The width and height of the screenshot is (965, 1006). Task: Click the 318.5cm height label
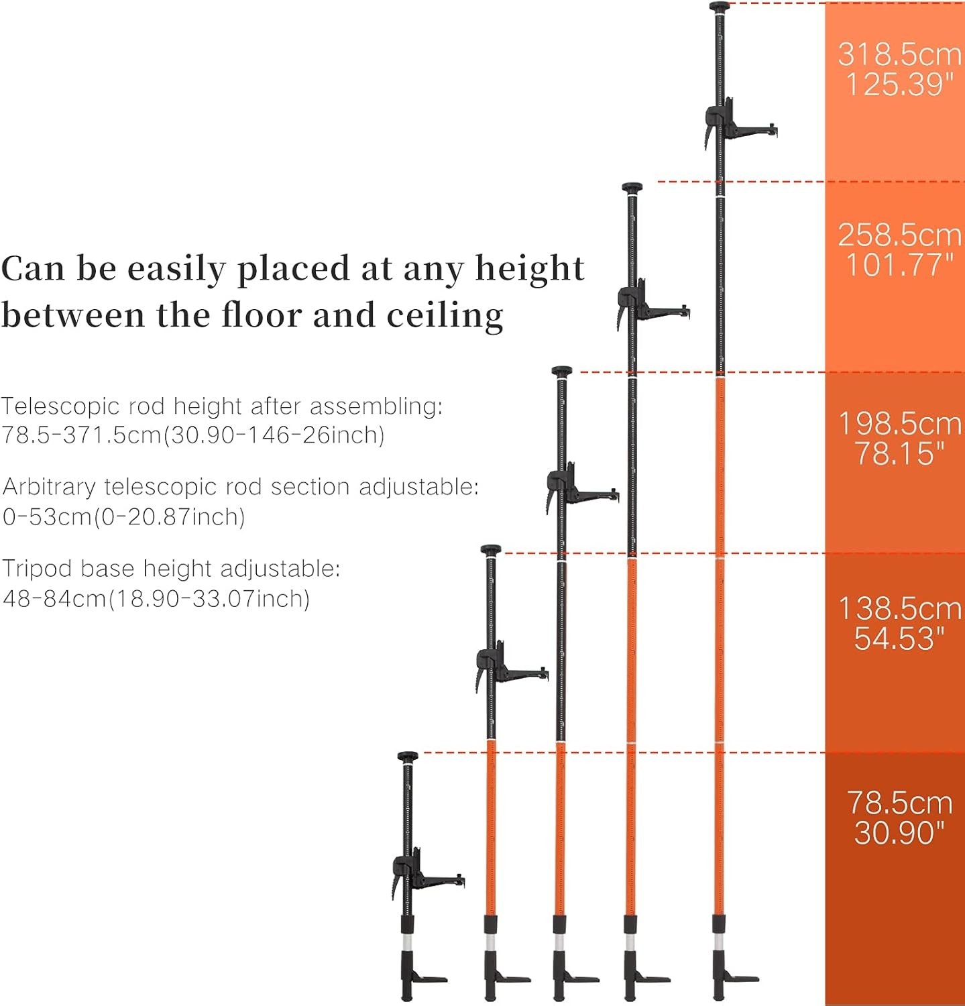pos(899,54)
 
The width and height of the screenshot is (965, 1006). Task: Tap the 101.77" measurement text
pos(899,264)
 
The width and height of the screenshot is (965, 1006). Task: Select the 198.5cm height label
pos(900,423)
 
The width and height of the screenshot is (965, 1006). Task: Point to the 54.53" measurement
pos(899,638)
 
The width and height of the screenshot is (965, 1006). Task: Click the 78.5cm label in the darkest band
pos(899,803)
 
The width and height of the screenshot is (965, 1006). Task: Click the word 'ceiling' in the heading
pos(445,315)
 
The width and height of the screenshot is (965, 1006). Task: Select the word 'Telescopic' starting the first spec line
pos(60,407)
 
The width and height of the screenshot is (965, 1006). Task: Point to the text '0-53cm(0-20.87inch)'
pos(124,517)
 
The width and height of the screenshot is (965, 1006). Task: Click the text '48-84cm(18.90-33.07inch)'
pos(156,598)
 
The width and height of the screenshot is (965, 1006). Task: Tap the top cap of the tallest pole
pos(720,7)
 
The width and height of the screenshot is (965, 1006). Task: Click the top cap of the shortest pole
pos(407,757)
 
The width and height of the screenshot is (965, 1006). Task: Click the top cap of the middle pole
pos(562,371)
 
